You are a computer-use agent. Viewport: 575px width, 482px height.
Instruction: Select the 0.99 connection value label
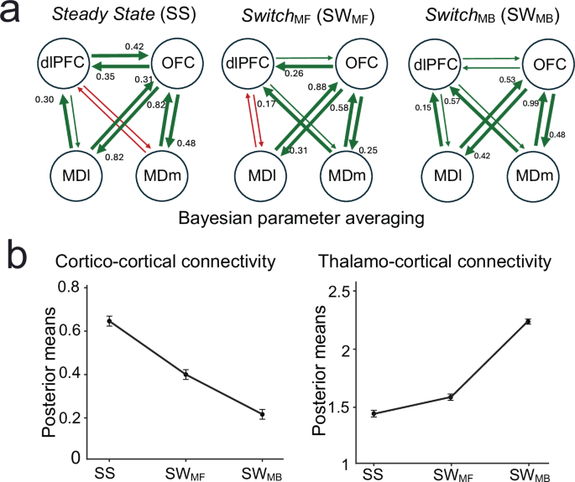[x=531, y=101]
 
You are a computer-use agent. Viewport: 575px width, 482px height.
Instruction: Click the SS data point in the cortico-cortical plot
[x=109, y=321]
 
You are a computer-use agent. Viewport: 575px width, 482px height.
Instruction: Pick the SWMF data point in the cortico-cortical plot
[x=186, y=374]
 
